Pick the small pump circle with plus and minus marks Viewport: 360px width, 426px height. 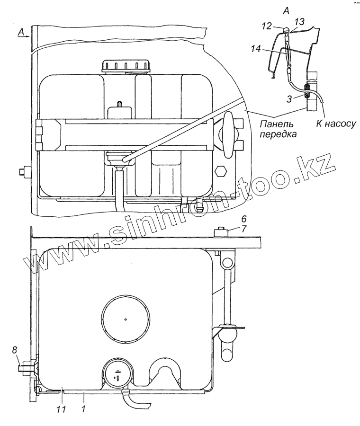[117, 374]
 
